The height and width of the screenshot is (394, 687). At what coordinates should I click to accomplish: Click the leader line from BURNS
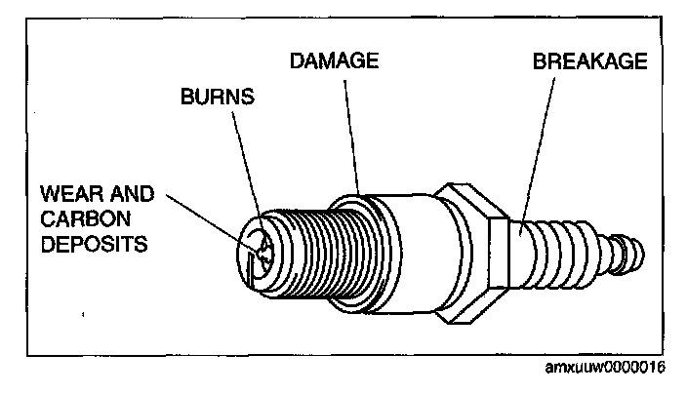tap(248, 161)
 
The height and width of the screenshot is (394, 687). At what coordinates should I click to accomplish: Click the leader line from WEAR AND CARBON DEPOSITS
tap(210, 220)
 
